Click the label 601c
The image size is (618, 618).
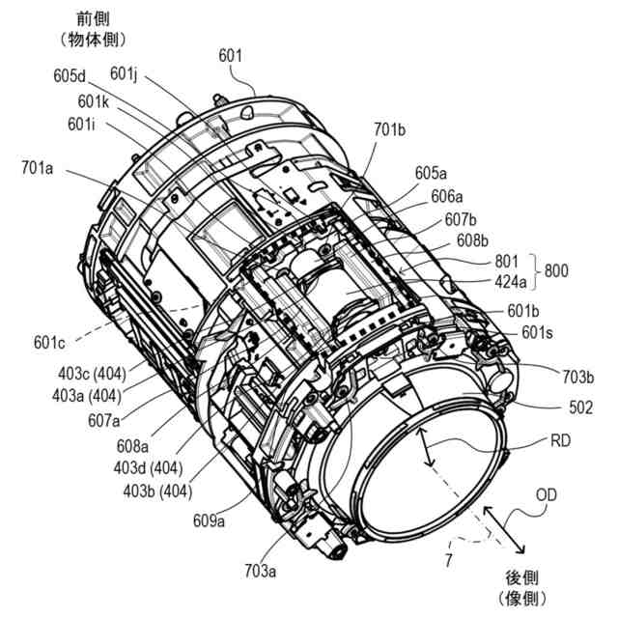51,342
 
